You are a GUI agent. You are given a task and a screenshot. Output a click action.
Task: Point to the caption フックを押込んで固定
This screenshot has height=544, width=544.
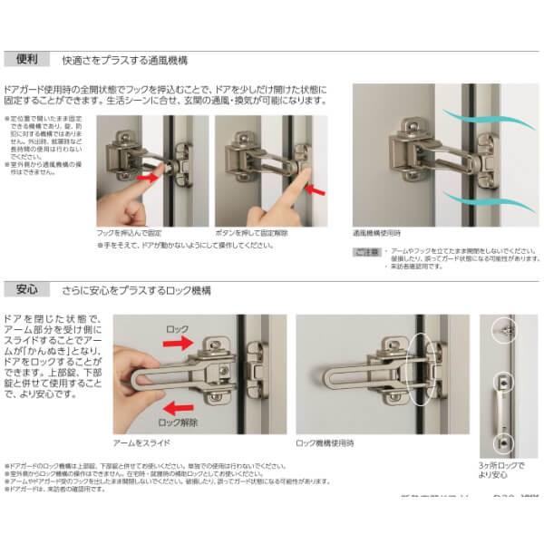pyautogui.click(x=129, y=233)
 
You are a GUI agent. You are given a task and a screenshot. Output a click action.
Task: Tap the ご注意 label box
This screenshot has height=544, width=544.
pyautogui.click(x=363, y=249)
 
